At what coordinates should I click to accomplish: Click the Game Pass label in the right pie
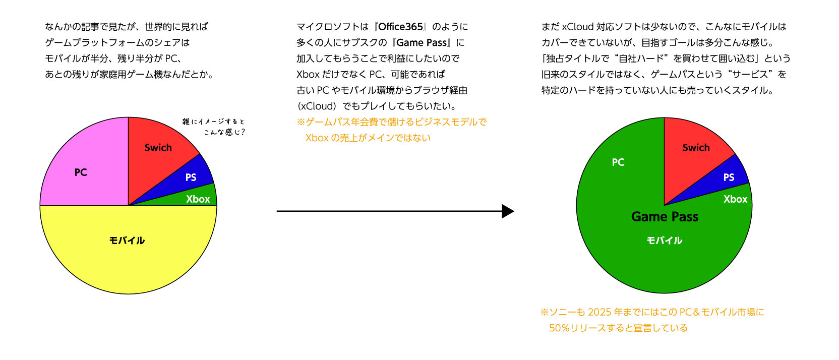[x=665, y=217]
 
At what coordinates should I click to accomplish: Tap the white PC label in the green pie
[x=618, y=162]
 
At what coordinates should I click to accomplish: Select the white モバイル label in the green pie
[x=665, y=241]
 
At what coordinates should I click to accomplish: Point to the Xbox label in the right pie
[x=735, y=199]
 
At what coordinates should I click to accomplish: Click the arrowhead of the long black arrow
[x=508, y=211]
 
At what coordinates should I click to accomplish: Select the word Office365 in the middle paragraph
[x=401, y=27]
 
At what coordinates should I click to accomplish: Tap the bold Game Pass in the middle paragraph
[x=422, y=43]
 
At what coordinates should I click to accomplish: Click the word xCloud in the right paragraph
[x=577, y=27]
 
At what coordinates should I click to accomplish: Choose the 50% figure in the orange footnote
[x=559, y=328]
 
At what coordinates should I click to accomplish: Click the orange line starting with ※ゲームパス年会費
[x=391, y=122]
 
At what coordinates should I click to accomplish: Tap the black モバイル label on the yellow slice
[x=127, y=241]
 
